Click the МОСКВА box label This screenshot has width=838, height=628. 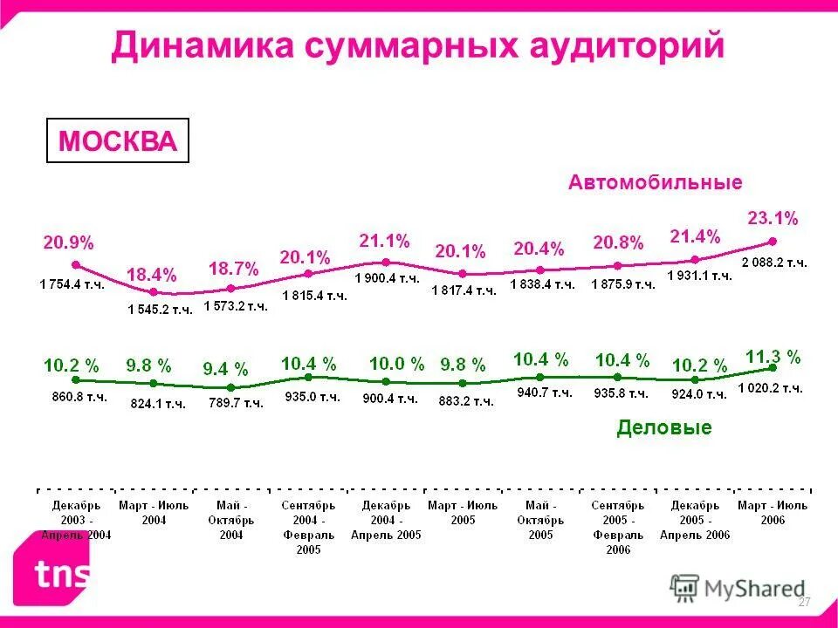(x=117, y=141)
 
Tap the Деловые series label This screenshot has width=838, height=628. (x=663, y=427)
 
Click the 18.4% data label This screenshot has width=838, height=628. (x=152, y=274)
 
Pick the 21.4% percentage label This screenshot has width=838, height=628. (x=695, y=236)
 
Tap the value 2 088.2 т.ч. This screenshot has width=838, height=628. (x=773, y=262)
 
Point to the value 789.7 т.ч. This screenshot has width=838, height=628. (x=235, y=402)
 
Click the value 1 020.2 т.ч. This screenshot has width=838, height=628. (x=770, y=389)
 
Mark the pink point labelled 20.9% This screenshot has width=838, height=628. (x=76, y=264)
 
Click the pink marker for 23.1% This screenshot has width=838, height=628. (x=772, y=242)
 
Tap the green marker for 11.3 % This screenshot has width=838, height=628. (x=772, y=369)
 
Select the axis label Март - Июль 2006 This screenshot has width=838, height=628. (x=773, y=512)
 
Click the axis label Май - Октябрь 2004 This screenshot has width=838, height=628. (x=230, y=520)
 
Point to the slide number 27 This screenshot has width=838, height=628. (x=805, y=603)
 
